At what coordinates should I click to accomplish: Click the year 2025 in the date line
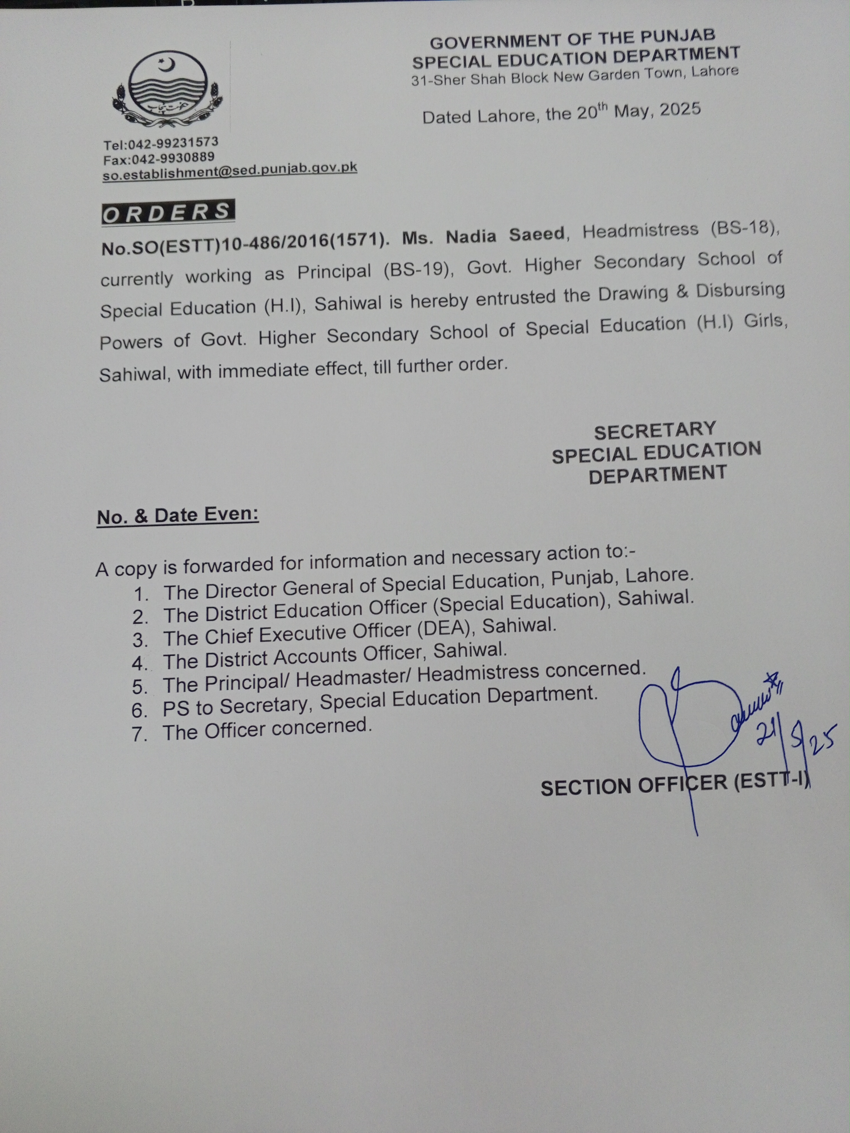coord(680,109)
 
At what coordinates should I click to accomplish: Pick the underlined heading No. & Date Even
coord(178,515)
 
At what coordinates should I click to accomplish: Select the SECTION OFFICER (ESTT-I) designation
coord(675,785)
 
